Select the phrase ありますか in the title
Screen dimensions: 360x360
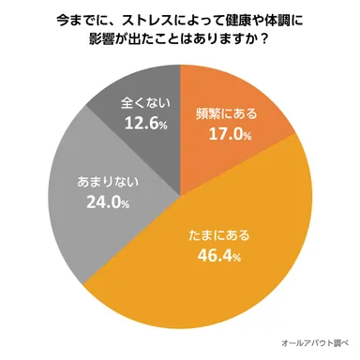click(221, 43)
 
